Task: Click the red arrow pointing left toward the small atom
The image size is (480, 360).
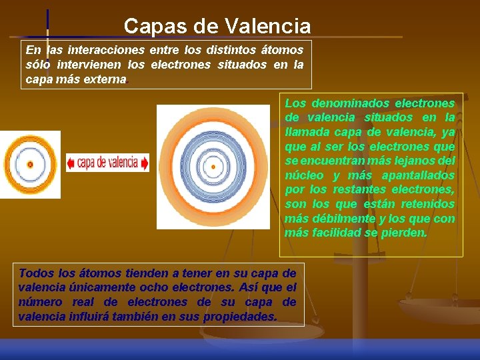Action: click(71, 163)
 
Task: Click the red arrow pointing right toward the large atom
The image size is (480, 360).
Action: click(145, 163)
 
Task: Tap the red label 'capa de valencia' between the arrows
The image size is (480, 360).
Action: click(108, 163)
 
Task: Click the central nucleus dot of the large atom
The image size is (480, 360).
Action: click(213, 167)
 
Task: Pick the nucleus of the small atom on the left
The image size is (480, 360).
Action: click(29, 164)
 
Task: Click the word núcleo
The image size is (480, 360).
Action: click(304, 175)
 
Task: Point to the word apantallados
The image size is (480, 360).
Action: click(418, 175)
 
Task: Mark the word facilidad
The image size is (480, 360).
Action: click(338, 233)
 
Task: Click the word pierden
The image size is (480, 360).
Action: click(407, 233)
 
